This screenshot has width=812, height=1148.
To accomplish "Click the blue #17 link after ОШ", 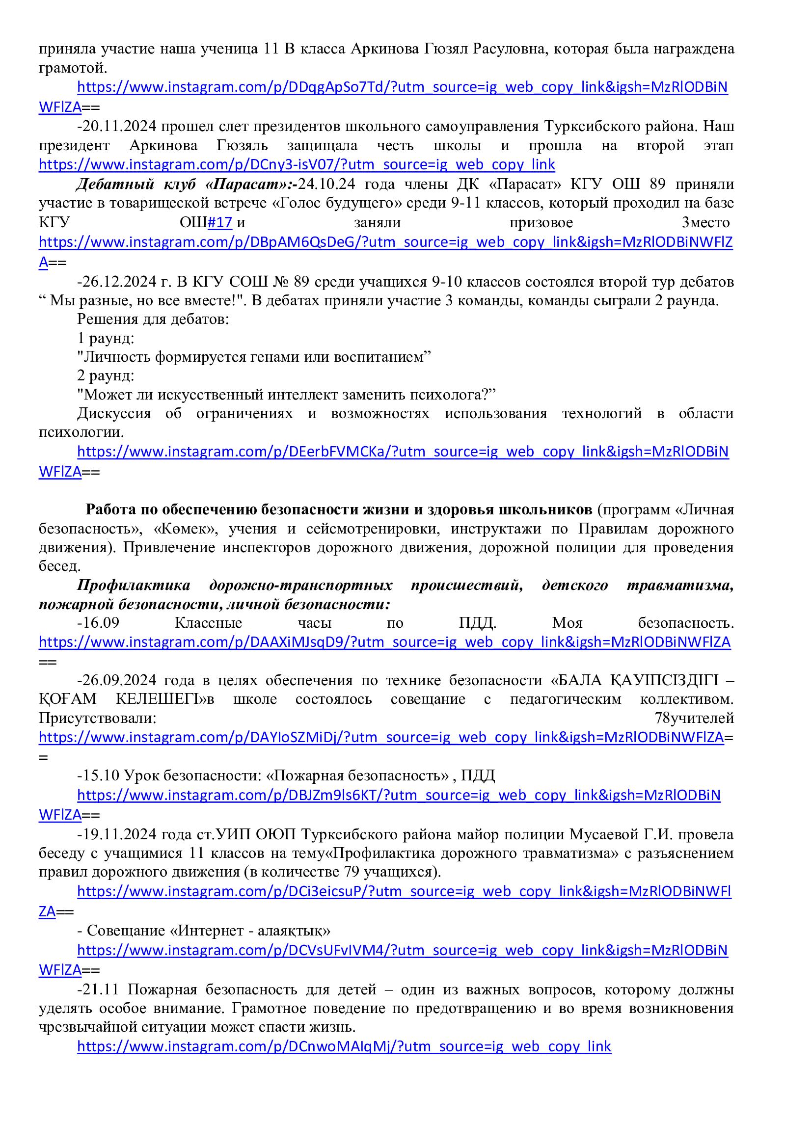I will (x=219, y=222).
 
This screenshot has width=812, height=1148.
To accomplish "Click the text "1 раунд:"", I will (x=106, y=338).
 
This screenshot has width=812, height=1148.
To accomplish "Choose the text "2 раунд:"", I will (x=106, y=375).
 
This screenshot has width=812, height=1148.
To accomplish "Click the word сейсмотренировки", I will (x=371, y=529).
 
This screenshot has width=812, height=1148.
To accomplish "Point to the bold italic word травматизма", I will (x=680, y=586).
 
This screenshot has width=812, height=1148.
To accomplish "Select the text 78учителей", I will (x=694, y=719).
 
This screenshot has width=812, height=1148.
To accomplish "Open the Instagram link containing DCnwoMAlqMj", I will (x=344, y=1046).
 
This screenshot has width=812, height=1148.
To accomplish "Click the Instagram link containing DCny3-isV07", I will (x=297, y=164).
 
